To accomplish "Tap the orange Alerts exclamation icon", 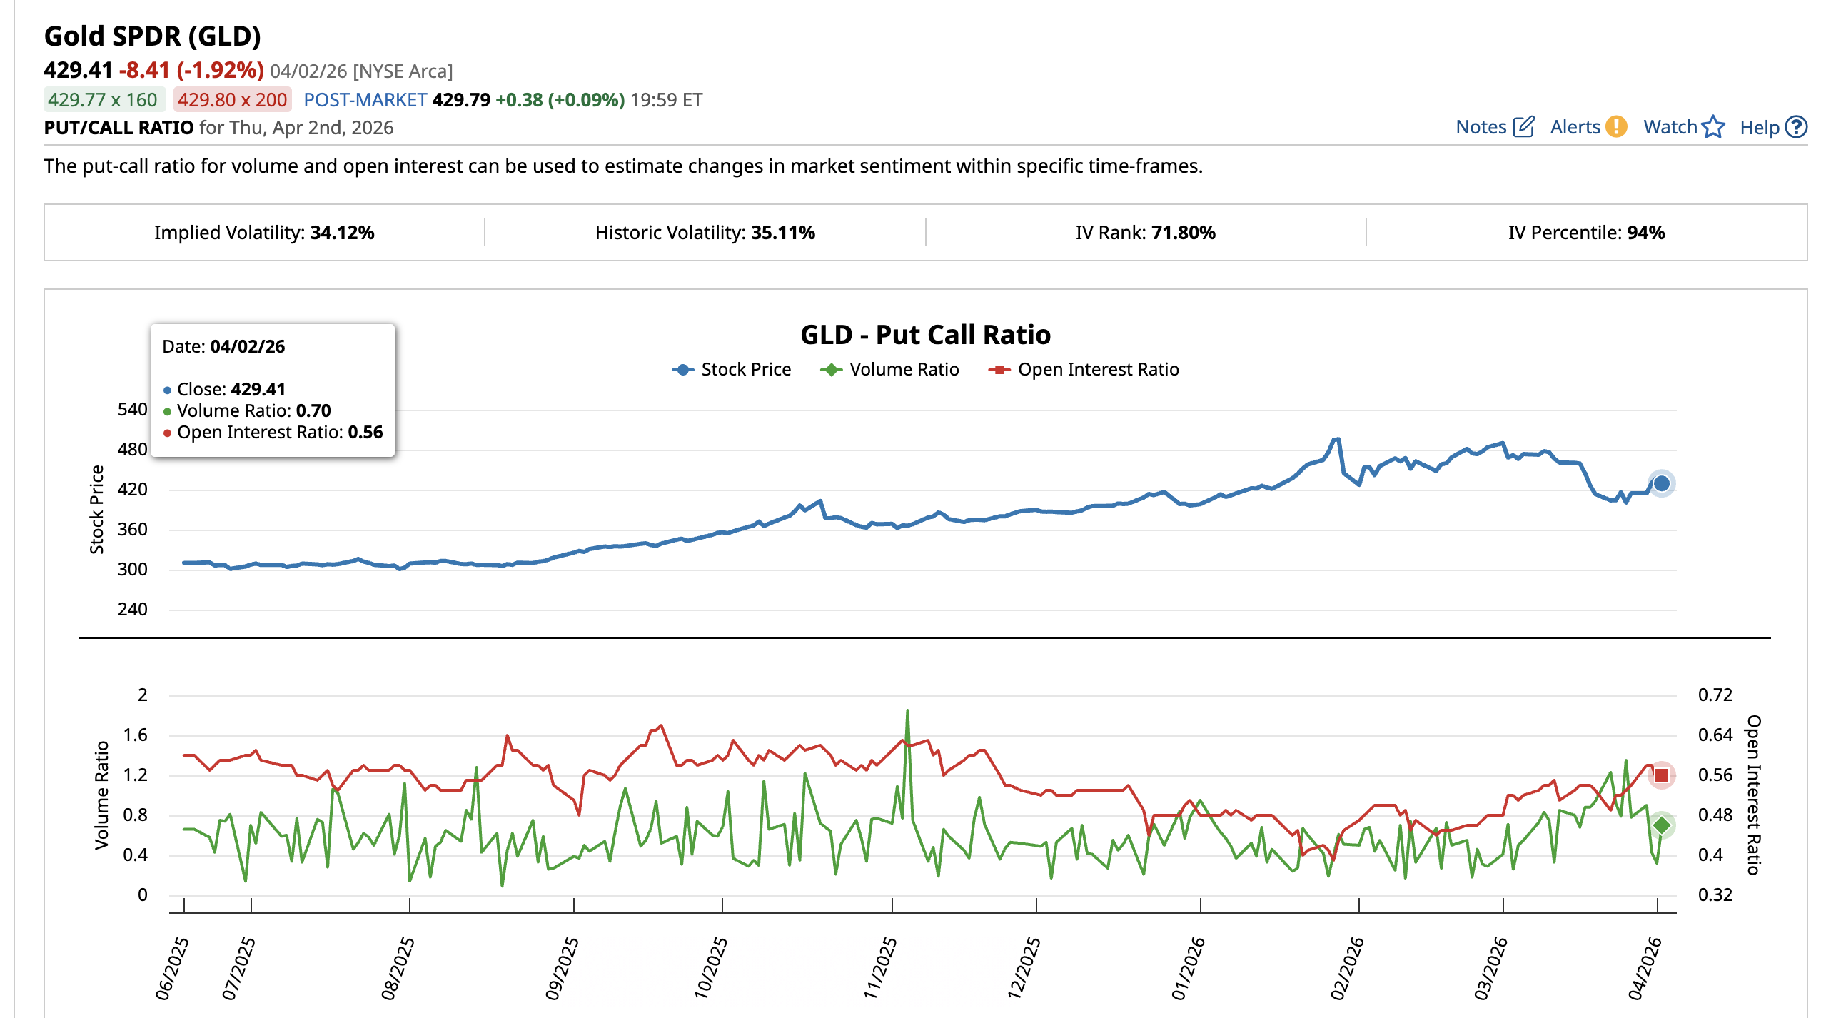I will tap(1615, 127).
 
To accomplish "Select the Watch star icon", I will tap(1712, 127).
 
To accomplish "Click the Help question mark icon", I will tap(1795, 127).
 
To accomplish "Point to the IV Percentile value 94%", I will tap(1645, 233).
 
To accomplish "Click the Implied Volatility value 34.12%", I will tap(342, 233).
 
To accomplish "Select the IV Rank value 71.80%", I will tap(1183, 233).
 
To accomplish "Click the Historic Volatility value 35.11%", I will tap(782, 233).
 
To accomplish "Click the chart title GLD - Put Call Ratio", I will tap(925, 335).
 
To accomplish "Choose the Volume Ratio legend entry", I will tap(890, 370).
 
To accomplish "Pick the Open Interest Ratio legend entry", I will tap(1084, 370).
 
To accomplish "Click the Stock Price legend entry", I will tap(732, 370).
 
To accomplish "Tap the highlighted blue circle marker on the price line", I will tap(1661, 483).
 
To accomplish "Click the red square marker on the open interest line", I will tap(1661, 775).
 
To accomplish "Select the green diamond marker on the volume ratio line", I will tap(1661, 825).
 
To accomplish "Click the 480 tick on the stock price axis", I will tap(133, 450).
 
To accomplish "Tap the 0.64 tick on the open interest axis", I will tap(1715, 735).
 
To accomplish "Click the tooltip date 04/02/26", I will tap(247, 347).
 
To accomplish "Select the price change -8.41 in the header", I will tap(145, 71).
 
